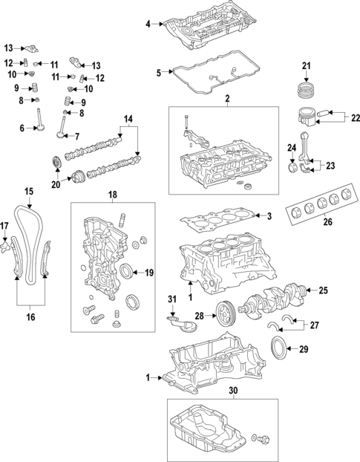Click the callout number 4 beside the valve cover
pos(148,25)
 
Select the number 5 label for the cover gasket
pos(158,73)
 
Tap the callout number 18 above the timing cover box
pos(113,195)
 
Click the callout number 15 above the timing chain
pos(28,191)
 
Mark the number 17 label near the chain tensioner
pos(4,226)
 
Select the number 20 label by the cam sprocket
pos(55,184)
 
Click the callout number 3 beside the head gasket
pos(270,216)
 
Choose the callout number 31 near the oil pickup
pos(172,299)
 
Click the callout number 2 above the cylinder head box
pos(227,98)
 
